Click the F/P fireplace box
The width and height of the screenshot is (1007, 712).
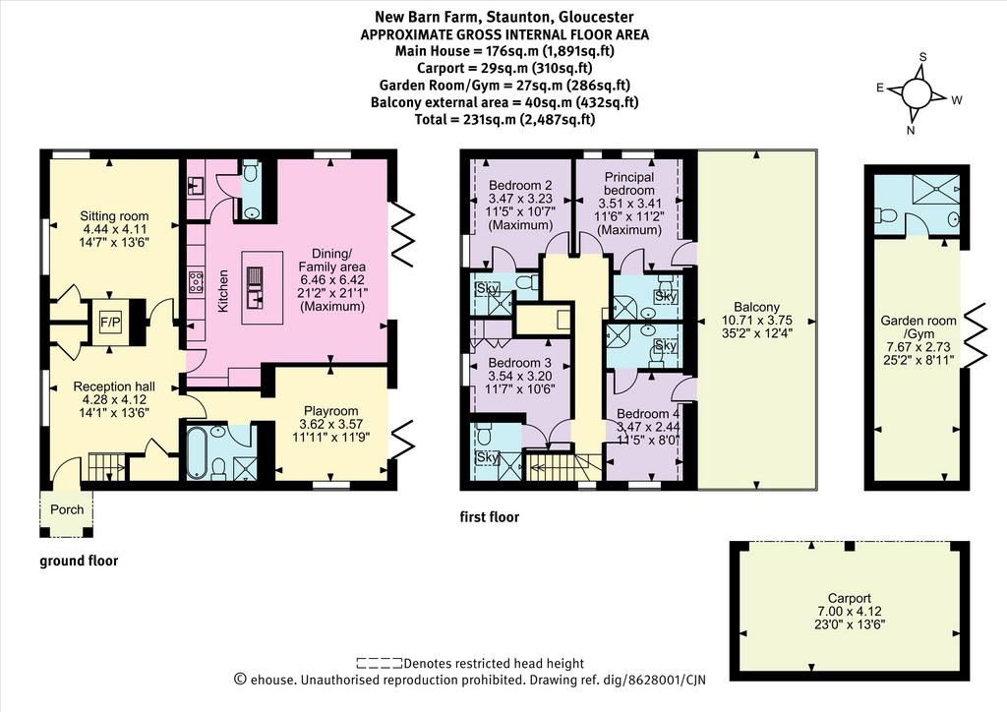(110, 323)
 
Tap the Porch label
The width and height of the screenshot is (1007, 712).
(67, 509)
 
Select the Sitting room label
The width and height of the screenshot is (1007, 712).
(114, 216)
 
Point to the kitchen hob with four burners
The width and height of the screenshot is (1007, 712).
(196, 282)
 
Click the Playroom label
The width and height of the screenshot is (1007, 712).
(330, 411)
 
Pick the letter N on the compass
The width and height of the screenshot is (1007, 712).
(910, 131)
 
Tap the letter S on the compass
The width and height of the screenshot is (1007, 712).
(922, 57)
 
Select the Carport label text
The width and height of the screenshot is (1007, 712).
(849, 598)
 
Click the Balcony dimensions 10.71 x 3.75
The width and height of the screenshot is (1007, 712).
(756, 321)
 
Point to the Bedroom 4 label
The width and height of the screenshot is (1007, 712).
(647, 414)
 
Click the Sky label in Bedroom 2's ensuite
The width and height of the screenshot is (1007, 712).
(488, 289)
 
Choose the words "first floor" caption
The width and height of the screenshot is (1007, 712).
(490, 517)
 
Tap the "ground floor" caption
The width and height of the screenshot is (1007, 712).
(79, 562)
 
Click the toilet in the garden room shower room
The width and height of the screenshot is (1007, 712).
(886, 216)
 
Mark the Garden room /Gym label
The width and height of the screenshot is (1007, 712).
(918, 327)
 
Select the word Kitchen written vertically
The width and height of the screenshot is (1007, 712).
(223, 291)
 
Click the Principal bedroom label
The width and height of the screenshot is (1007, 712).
(629, 184)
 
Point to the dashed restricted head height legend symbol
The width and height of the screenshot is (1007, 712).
(380, 663)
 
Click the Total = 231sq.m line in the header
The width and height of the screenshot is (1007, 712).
(504, 119)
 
